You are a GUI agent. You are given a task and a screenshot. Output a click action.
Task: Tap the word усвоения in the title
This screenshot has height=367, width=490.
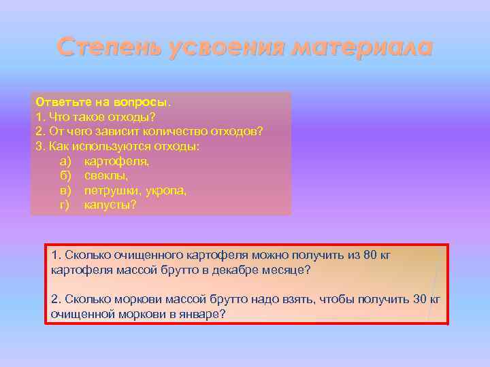(x=218, y=48)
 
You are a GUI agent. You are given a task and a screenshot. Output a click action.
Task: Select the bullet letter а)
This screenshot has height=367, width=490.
(x=66, y=161)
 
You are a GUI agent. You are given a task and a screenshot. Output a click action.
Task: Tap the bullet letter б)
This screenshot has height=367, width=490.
(x=66, y=176)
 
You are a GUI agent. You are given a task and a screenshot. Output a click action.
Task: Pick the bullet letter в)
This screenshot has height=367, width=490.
(x=66, y=190)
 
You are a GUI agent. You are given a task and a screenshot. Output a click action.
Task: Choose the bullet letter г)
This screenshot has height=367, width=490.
(x=65, y=205)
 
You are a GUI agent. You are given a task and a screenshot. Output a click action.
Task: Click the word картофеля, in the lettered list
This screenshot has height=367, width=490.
(x=116, y=161)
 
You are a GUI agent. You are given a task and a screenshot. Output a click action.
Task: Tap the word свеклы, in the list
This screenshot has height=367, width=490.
(x=106, y=176)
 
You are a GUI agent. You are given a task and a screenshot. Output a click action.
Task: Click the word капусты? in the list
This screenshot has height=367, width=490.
(x=110, y=205)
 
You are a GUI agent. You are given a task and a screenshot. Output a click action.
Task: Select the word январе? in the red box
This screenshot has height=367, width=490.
(x=204, y=314)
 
